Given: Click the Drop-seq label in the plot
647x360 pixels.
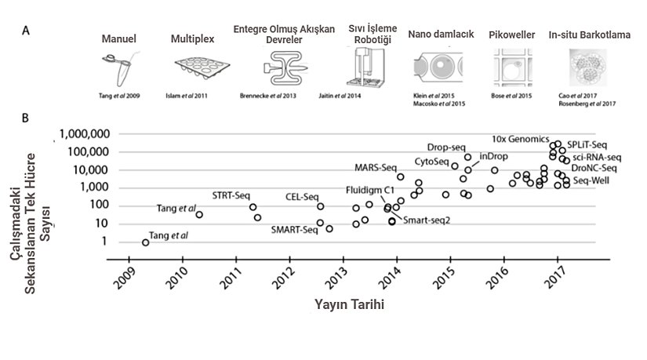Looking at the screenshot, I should (x=446, y=147).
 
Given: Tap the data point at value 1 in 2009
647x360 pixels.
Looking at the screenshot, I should (x=146, y=242).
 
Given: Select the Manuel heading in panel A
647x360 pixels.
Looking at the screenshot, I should (x=119, y=38).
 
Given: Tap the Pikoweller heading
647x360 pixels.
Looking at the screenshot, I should (x=512, y=36).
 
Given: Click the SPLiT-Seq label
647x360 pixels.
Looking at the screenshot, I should (x=587, y=145).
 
